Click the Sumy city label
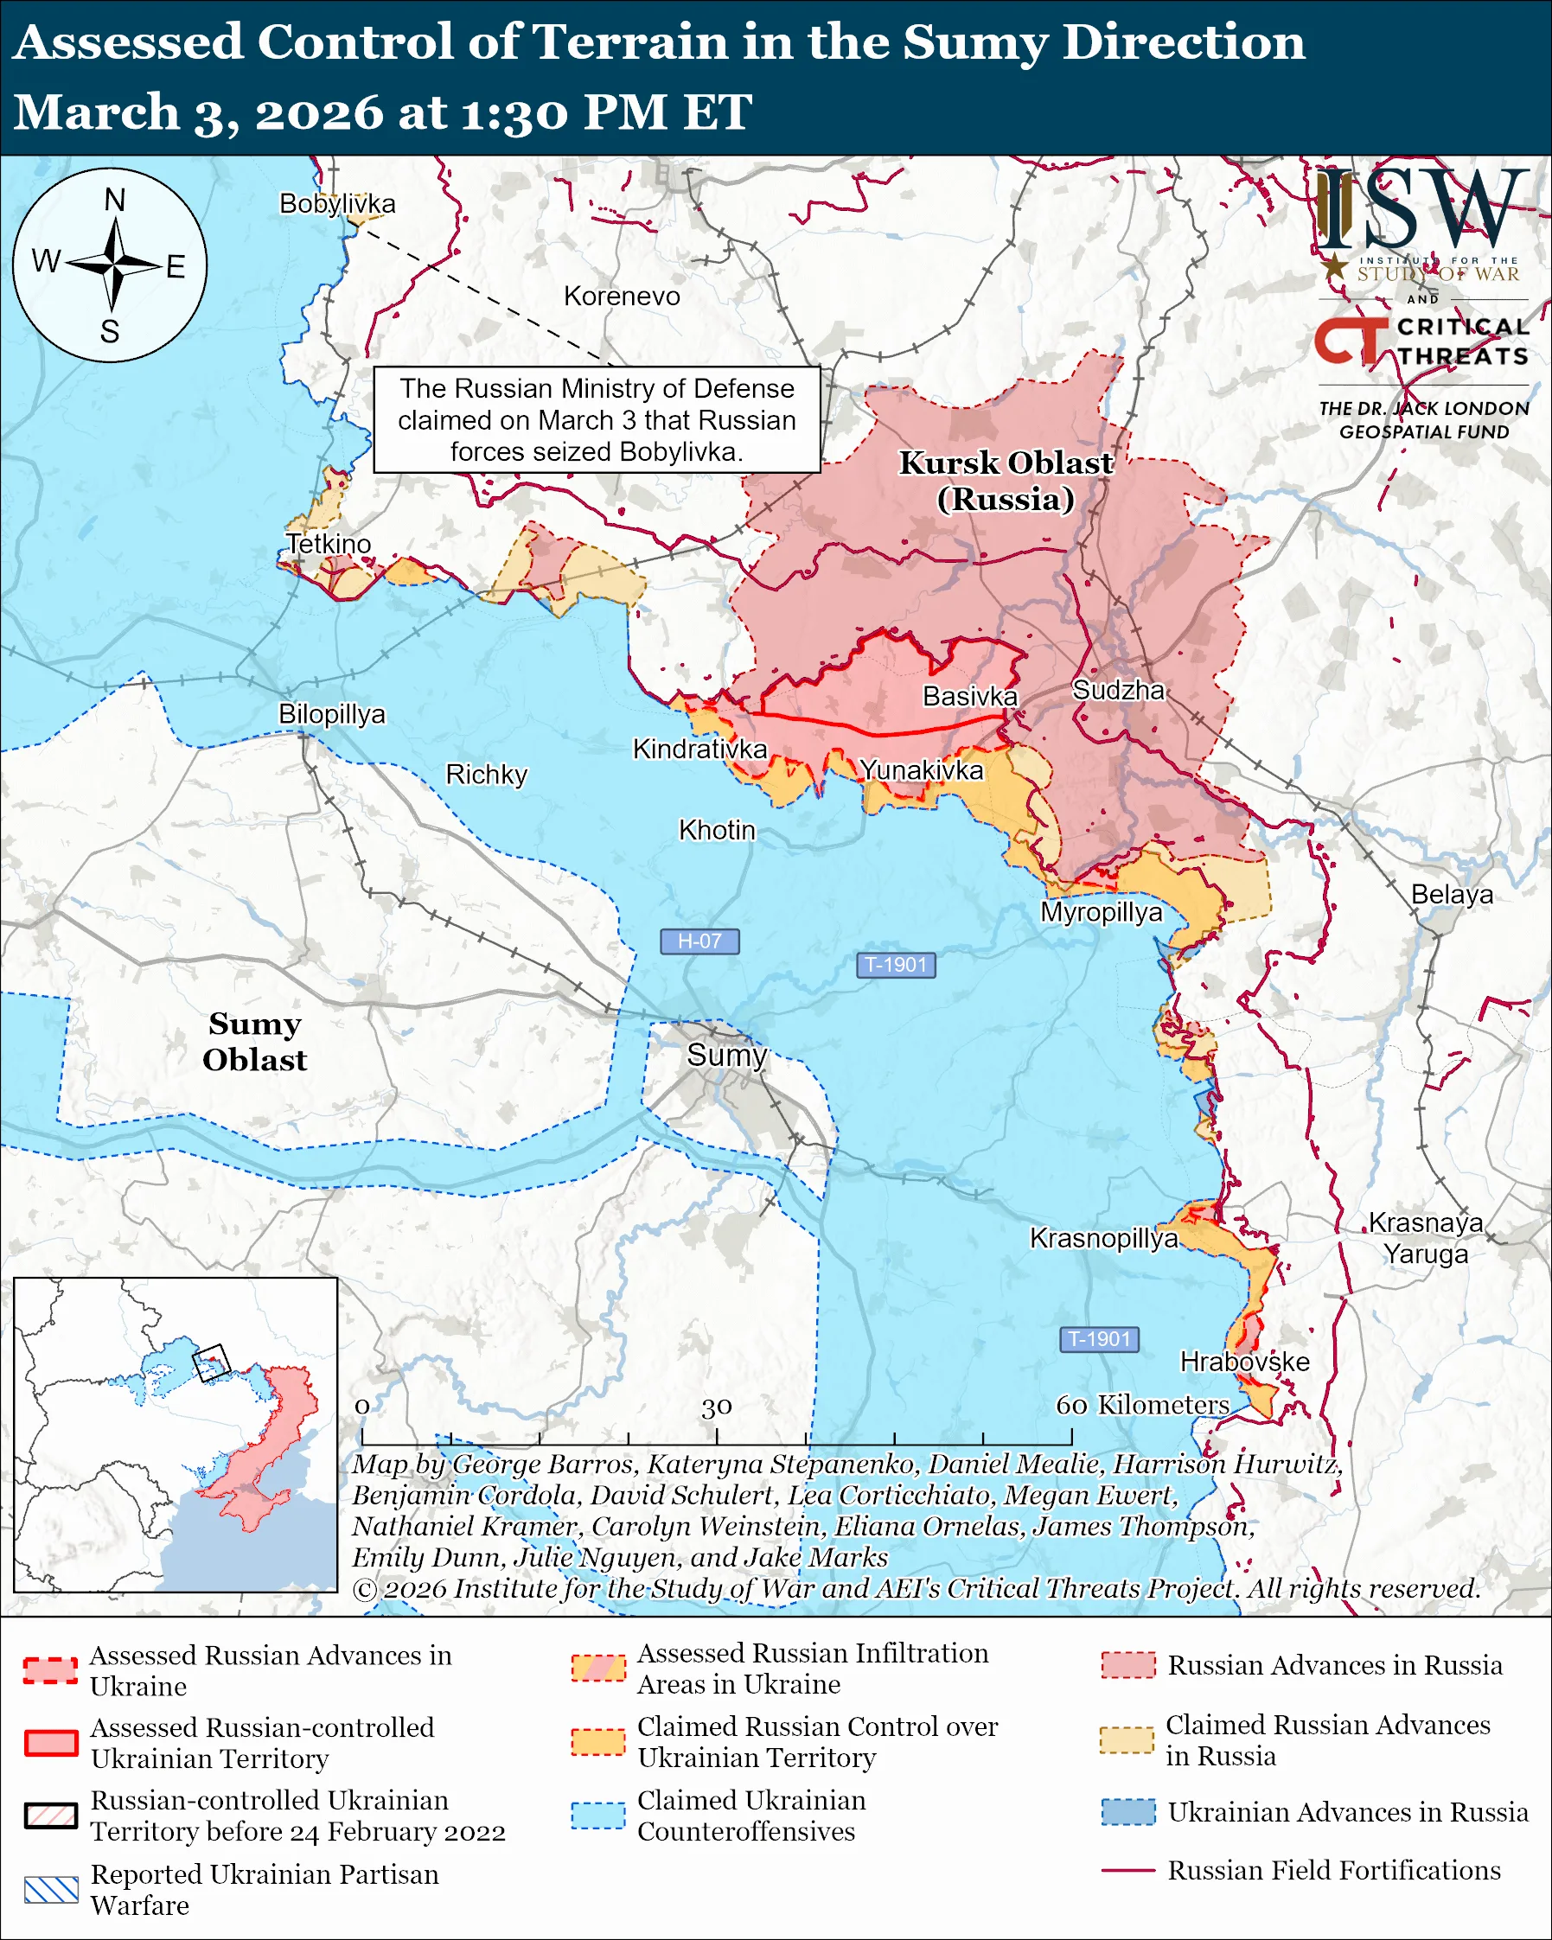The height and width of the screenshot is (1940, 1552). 726,1055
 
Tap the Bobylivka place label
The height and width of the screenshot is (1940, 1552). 337,204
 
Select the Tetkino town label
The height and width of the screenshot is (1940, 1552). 329,544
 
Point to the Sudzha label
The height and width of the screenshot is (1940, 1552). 1118,690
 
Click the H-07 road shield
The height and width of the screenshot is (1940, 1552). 699,941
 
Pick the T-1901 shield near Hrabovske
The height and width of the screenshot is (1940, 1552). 1100,1339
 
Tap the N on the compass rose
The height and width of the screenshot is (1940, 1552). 114,200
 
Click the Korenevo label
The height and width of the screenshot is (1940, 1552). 622,296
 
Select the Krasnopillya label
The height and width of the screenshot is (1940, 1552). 1103,1238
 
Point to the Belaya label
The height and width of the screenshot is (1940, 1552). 1451,895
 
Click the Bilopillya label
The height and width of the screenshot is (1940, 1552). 331,713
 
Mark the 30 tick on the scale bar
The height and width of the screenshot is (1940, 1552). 717,1407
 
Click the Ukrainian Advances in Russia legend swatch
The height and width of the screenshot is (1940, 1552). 1127,1811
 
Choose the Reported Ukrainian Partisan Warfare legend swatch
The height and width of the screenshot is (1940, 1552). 50,1890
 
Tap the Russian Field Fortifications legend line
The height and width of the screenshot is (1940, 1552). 1127,1871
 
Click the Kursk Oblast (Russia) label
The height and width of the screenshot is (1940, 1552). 1006,481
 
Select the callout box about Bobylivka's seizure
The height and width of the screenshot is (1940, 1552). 597,419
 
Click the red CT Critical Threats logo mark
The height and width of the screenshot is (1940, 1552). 1350,340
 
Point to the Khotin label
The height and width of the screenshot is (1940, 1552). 716,830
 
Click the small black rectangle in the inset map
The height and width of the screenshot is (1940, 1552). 212,1362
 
